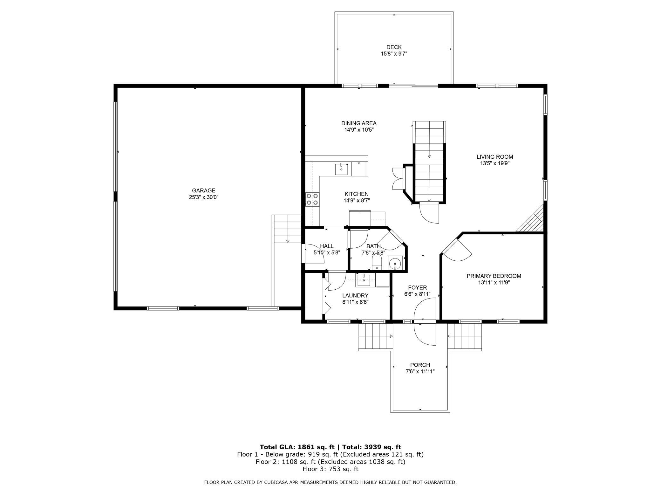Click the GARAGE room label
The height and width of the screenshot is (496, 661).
tap(203, 190)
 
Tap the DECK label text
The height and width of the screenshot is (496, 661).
tap(394, 47)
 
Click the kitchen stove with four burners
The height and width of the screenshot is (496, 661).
tap(312, 199)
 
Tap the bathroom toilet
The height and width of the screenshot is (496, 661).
tap(377, 263)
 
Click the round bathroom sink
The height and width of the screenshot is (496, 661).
tap(395, 263)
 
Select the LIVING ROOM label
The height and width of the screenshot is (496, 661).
tap(495, 157)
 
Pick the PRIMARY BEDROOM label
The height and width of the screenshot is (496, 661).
tap(494, 276)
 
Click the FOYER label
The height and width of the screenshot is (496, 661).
tap(418, 288)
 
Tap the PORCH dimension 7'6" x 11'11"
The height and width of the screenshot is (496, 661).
tap(420, 371)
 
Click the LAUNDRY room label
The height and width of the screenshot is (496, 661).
tap(355, 296)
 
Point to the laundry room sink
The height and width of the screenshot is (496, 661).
tap(364, 280)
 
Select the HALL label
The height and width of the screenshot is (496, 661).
tap(327, 246)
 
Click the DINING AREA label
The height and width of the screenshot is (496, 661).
tap(359, 123)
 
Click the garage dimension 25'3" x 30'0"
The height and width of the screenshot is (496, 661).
tap(203, 197)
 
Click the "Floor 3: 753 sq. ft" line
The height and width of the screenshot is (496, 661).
tap(330, 469)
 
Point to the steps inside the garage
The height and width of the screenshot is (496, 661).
tap(287, 229)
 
